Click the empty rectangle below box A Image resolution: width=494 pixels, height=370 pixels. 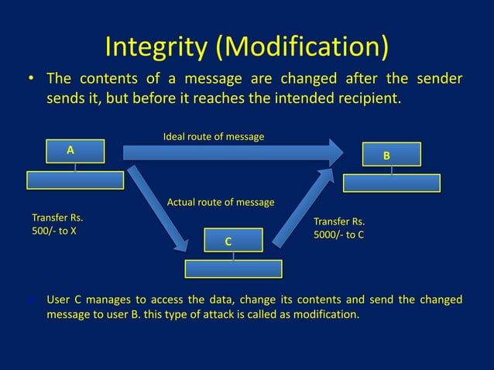75,180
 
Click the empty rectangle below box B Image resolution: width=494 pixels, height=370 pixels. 392,183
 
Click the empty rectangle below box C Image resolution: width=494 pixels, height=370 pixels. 233,269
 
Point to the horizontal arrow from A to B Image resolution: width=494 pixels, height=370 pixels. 232,152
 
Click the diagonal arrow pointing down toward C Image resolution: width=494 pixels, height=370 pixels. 159,209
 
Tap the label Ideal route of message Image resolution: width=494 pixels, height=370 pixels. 214,137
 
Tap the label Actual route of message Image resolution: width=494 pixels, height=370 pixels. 221,203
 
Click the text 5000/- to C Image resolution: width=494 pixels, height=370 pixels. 338,235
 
